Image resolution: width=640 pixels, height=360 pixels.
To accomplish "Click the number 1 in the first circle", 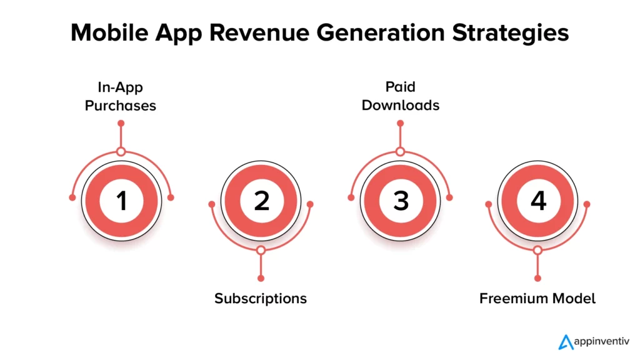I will [121, 201].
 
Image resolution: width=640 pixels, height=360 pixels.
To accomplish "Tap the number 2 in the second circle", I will [261, 201].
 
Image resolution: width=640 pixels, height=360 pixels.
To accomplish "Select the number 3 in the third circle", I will [400, 201].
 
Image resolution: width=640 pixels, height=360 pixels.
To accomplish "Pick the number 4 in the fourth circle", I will [538, 201].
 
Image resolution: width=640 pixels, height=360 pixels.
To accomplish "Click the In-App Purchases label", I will [121, 96].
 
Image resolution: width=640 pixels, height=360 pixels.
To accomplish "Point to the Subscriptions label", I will [261, 298].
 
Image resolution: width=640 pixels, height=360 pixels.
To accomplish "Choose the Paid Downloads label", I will [400, 96].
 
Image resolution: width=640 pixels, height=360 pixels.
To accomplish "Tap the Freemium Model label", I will [537, 298].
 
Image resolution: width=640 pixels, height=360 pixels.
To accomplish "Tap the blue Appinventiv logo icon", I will [566, 342].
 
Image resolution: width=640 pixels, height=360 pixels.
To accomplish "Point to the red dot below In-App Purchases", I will [121, 123].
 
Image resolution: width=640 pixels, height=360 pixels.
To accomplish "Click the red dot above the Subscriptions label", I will [261, 278].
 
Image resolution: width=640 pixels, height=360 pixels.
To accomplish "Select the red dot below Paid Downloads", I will [400, 123].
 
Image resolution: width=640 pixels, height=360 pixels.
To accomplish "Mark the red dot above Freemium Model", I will [537, 278].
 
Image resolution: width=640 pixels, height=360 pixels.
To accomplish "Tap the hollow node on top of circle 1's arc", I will [121, 151].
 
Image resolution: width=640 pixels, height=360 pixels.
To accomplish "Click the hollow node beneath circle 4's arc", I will [537, 250].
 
